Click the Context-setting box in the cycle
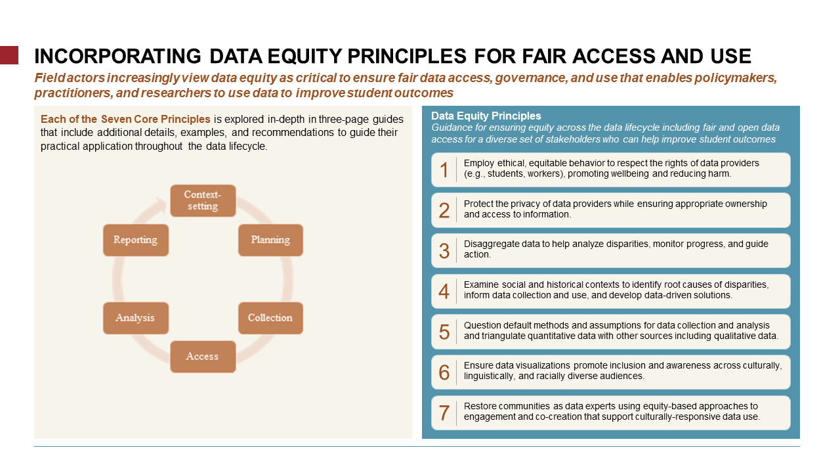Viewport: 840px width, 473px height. pos(203,200)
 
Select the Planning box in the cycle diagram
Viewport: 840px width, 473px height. pos(270,240)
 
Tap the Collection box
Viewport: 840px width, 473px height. pos(270,318)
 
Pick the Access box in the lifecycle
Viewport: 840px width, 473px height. pos(203,357)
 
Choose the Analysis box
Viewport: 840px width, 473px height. pos(136,318)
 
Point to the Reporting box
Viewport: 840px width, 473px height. pos(136,240)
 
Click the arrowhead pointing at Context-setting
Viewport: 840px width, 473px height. pos(162,205)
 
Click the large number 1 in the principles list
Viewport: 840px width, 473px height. pos(444,169)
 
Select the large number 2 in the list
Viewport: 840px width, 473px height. pos(444,210)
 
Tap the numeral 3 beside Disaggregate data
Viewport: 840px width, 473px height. pos(444,251)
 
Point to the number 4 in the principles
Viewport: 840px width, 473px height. pos(444,291)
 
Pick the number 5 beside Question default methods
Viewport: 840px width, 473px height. pos(444,332)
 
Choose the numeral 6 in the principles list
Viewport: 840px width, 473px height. pos(444,372)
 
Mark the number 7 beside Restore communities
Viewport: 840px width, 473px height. pos(444,413)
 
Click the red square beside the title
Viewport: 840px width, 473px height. pos(9,55)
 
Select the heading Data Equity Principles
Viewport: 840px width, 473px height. pos(486,116)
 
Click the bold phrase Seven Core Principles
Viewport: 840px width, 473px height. pos(156,119)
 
